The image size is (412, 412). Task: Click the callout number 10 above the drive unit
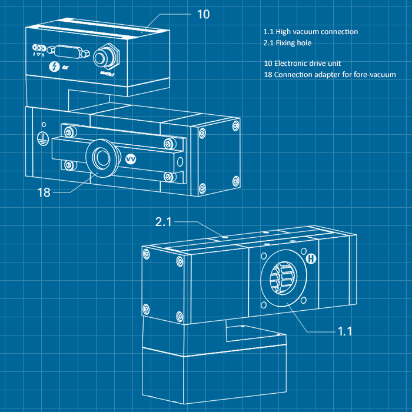pos(202,14)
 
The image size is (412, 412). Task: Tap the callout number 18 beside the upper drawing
pos(45,192)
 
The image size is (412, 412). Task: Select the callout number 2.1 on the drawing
pos(163,222)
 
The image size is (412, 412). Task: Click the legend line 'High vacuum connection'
pos(311,32)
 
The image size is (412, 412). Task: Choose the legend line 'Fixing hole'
pos(288,43)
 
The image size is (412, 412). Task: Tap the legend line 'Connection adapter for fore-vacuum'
pos(330,75)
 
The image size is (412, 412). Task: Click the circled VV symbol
pos(131,159)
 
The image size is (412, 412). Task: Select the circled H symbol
pos(311,259)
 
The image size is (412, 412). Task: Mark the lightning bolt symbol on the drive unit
pos(55,67)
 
